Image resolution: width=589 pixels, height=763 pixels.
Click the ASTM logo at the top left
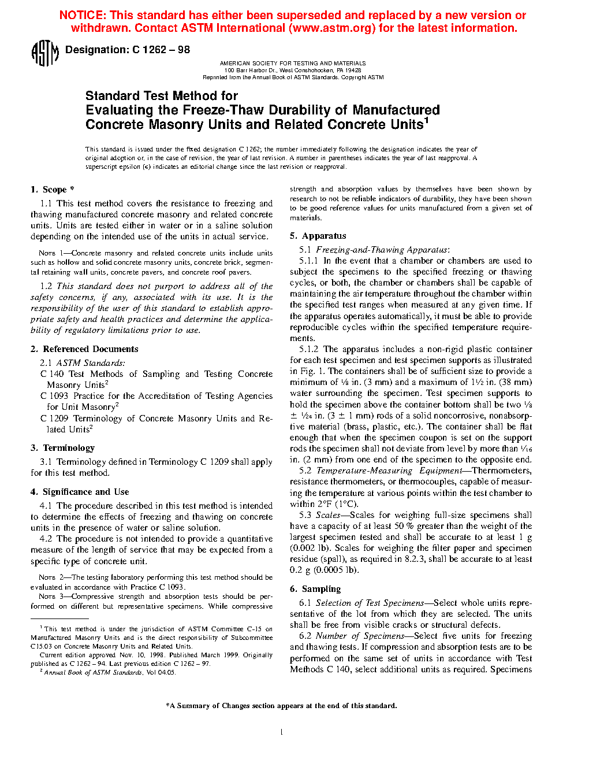[x=44, y=53]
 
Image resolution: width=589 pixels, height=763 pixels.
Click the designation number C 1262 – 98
[x=161, y=50]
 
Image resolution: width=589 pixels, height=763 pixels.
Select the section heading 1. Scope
[x=53, y=190]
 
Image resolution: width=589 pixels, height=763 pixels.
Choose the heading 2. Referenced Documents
[x=84, y=349]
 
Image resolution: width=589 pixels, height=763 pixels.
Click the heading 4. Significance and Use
[x=80, y=492]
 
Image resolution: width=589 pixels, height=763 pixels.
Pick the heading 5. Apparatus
[x=318, y=236]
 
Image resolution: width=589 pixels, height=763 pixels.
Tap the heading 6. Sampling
[x=315, y=589]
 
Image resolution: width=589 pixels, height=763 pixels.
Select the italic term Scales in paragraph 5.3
[x=328, y=515]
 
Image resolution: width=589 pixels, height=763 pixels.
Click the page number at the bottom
[x=281, y=732]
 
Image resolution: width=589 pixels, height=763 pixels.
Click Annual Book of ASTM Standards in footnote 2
[x=93, y=672]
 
